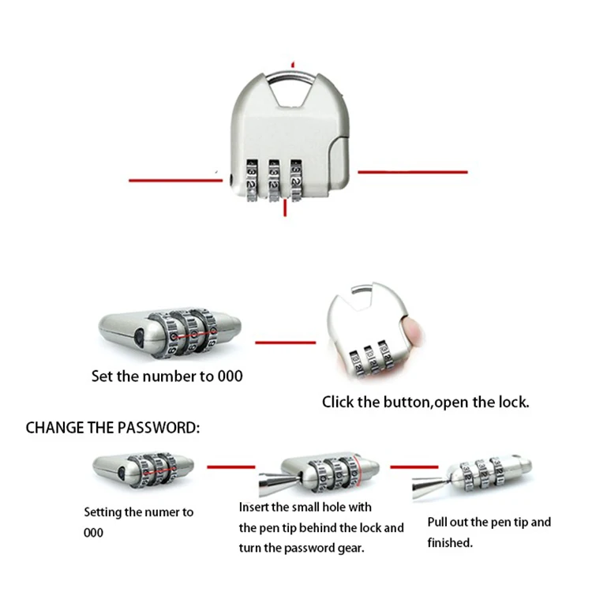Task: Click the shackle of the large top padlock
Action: point(290,75)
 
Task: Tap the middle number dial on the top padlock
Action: point(274,180)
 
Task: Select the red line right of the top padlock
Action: point(413,172)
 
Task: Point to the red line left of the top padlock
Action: point(175,181)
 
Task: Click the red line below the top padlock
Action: point(285,208)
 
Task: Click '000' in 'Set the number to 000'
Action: point(230,376)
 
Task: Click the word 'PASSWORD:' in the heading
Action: point(158,428)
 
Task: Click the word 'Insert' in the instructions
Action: point(253,507)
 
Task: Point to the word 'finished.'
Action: point(450,542)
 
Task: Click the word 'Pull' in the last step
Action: point(437,523)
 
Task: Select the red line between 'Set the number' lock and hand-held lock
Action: point(286,343)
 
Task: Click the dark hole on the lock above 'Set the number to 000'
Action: point(139,338)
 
